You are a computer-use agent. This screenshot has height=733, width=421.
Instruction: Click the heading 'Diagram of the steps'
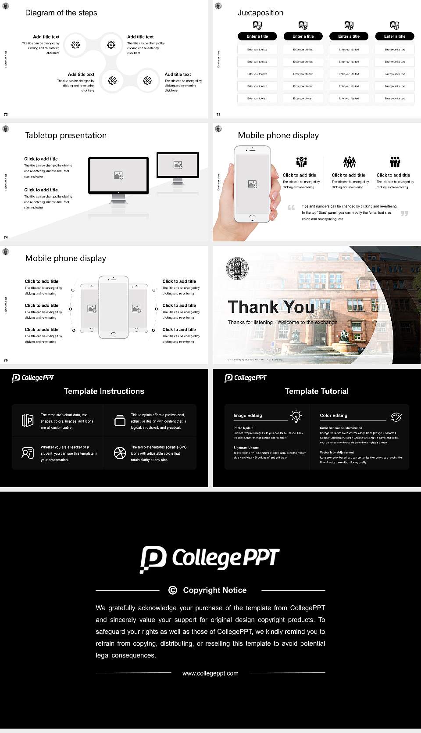(x=61, y=13)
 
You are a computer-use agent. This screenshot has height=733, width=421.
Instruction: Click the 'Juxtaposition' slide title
(x=260, y=13)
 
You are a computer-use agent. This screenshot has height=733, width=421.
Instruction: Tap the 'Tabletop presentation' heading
(x=66, y=136)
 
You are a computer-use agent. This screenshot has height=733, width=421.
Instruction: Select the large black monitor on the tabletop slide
(x=118, y=176)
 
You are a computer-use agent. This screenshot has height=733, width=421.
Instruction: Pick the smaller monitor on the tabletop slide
(x=178, y=165)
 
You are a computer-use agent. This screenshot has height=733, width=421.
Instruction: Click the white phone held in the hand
(x=252, y=183)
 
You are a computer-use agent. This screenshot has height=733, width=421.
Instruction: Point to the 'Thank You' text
(x=271, y=307)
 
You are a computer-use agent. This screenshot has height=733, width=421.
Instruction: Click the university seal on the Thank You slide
(x=237, y=269)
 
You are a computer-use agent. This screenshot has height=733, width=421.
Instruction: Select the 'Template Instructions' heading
(x=104, y=391)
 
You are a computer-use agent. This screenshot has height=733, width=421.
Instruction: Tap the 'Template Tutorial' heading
(x=317, y=391)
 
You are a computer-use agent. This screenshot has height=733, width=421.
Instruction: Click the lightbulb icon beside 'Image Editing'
(x=296, y=416)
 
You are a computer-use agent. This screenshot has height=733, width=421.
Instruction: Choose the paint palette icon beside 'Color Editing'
(x=396, y=417)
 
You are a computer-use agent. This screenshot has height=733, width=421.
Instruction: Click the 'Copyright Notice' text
(x=215, y=590)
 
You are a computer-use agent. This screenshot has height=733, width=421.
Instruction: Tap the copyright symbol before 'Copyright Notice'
(x=173, y=590)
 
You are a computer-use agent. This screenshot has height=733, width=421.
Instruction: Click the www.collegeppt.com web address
(x=210, y=673)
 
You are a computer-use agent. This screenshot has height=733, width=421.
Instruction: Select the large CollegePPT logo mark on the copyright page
(x=153, y=559)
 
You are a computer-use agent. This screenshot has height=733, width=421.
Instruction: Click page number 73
(x=218, y=115)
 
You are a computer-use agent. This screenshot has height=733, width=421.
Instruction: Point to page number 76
(x=6, y=360)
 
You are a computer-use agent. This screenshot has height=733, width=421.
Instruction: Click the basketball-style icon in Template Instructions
(x=120, y=453)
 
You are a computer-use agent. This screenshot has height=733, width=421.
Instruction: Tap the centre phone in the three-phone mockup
(x=114, y=307)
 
